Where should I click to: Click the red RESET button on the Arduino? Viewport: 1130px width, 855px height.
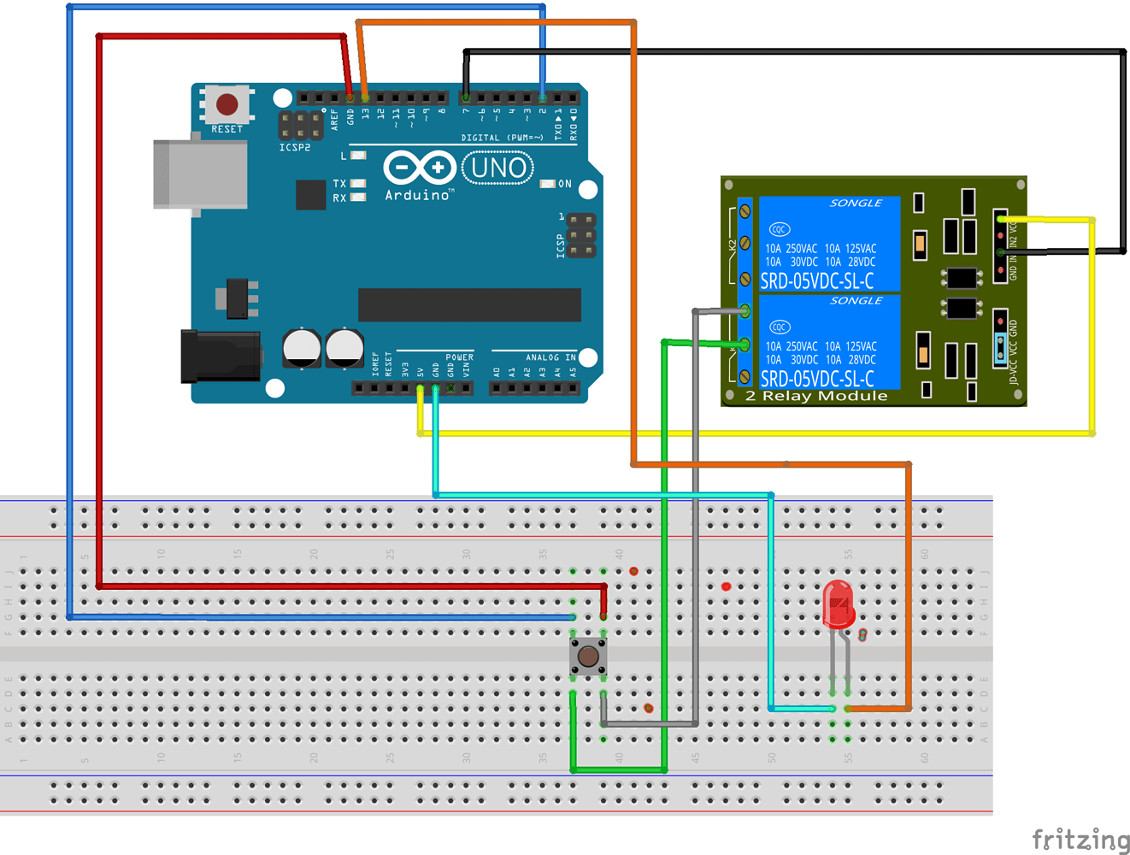[x=227, y=104]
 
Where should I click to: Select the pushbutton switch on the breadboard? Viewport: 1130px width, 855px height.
[x=588, y=657]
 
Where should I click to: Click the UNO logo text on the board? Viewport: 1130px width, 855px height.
[x=498, y=168]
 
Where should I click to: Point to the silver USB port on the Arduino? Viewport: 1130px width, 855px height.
[x=200, y=174]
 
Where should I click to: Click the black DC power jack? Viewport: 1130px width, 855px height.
[x=220, y=357]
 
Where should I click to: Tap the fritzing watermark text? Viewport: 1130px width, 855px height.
[x=1080, y=840]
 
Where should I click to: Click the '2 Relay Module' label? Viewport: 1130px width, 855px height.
[x=816, y=396]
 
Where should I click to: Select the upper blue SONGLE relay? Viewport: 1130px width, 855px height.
[x=829, y=244]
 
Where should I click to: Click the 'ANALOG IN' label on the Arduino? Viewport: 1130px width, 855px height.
[x=550, y=357]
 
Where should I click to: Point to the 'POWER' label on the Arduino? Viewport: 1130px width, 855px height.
[x=459, y=357]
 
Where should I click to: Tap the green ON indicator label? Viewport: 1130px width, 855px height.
[x=564, y=184]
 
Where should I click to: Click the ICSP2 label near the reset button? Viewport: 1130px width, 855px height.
[x=295, y=148]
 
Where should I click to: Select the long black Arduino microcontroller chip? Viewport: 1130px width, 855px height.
[x=469, y=304]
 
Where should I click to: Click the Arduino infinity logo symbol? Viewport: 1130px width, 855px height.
[x=419, y=168]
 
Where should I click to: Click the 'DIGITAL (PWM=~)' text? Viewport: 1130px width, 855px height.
[x=502, y=138]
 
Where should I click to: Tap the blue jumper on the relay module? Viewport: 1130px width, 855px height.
[x=1000, y=346]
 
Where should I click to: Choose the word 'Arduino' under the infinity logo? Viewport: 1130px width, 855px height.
[x=417, y=195]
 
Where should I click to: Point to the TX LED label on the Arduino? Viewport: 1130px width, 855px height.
[x=339, y=184]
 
